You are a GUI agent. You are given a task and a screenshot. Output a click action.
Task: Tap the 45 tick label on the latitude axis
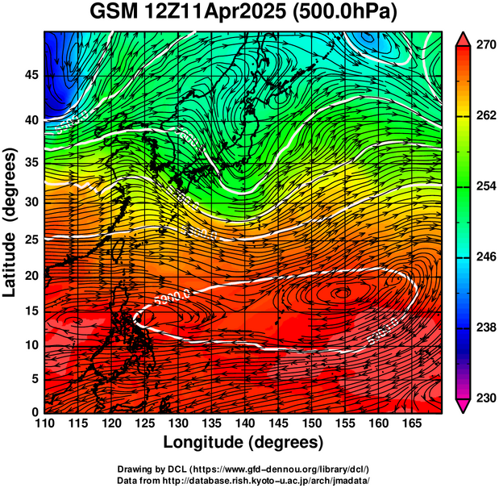tap(30, 75)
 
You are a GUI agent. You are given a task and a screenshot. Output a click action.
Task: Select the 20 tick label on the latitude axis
tap(30, 275)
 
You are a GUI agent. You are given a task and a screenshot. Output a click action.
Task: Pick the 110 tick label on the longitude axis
tap(44, 423)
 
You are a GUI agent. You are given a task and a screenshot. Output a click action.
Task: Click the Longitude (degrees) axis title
tap(243, 442)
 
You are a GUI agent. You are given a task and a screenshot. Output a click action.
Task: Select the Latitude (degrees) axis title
tap(11, 222)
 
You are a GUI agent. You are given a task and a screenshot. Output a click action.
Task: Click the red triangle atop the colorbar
tap(464, 39)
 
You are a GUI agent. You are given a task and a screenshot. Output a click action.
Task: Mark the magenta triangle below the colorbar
tap(464, 406)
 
